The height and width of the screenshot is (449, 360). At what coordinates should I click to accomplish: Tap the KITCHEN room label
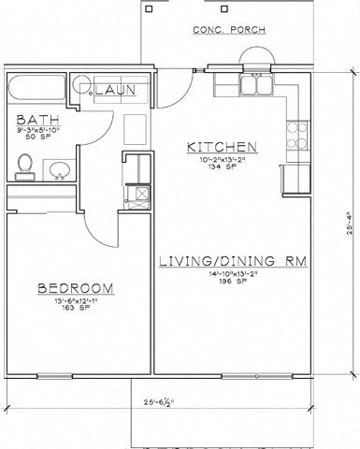coord(221,147)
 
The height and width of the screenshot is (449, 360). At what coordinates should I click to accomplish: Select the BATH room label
coord(36,121)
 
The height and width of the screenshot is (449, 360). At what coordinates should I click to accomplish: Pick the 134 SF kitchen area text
coord(221,167)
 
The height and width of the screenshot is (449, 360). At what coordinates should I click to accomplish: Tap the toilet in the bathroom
coord(25,168)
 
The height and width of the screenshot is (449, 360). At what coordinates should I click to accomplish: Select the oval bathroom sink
coord(58,170)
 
